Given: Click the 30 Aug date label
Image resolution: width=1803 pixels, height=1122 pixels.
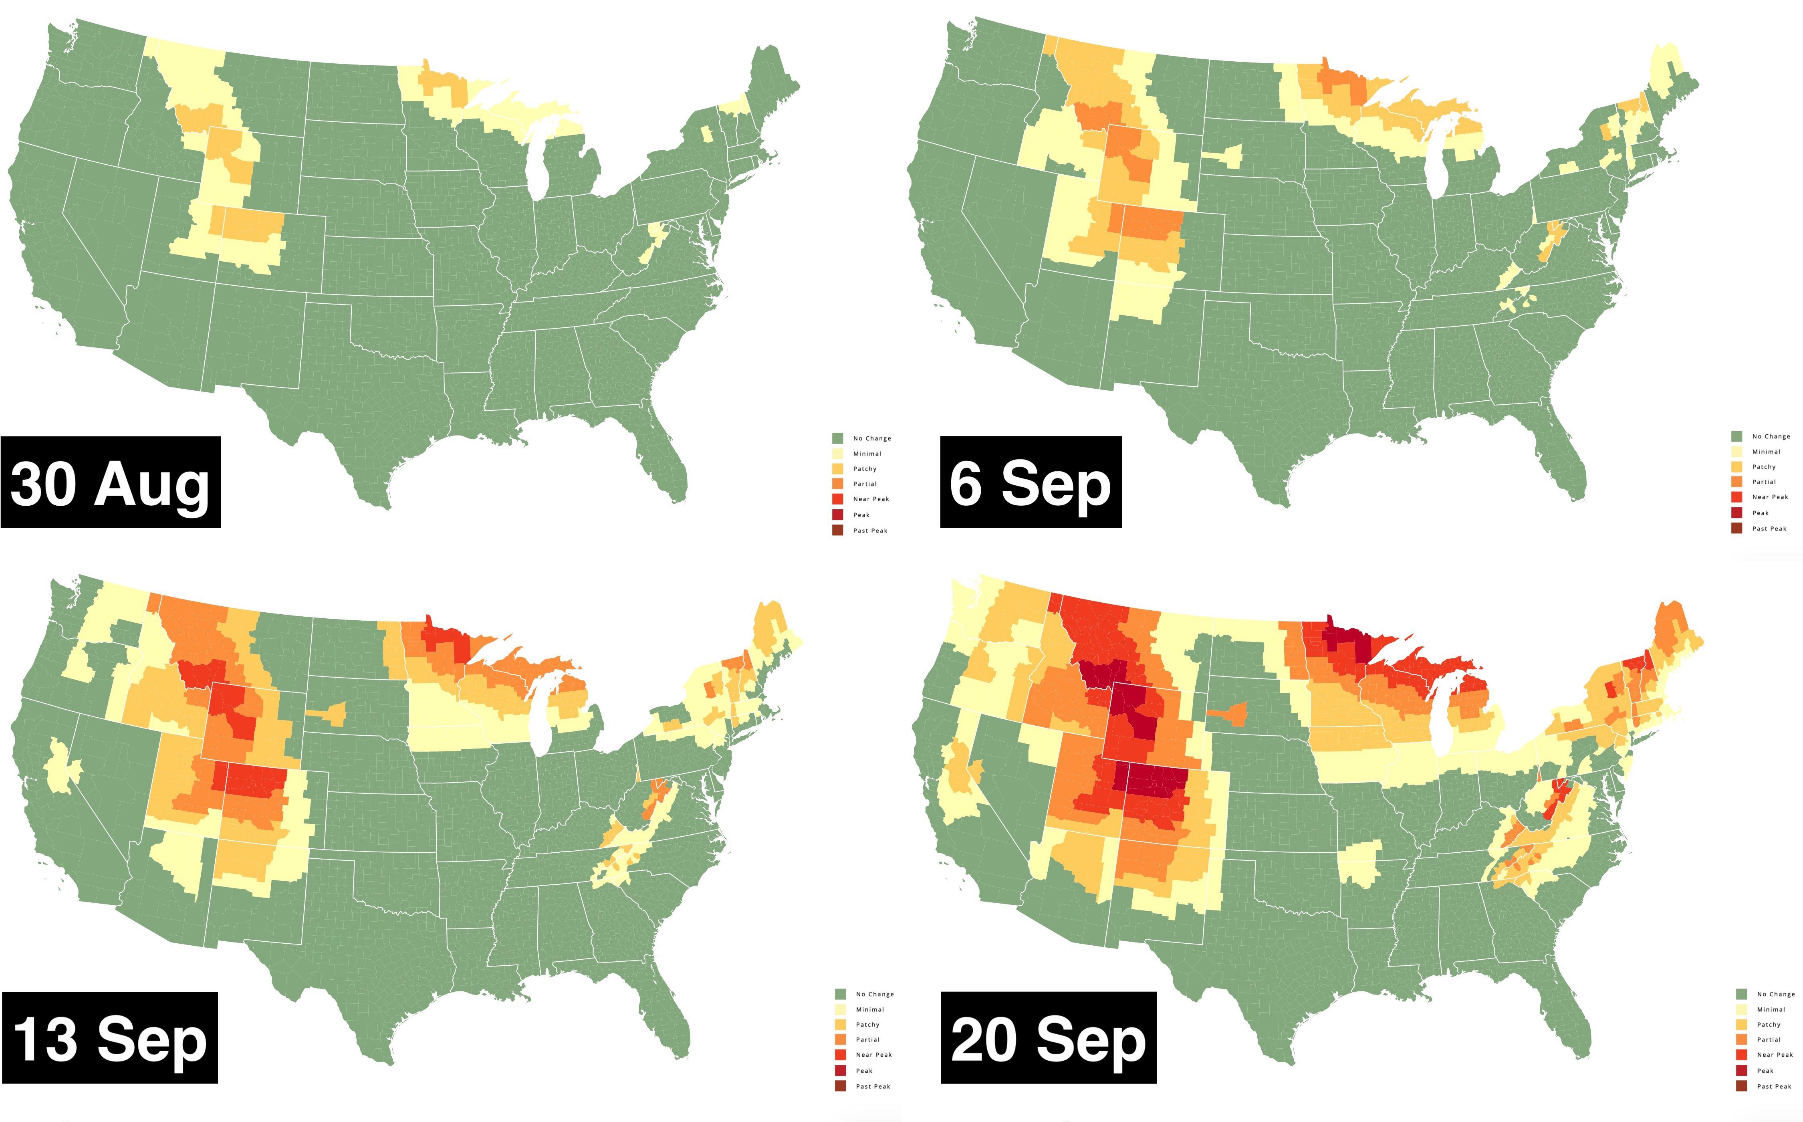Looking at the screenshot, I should tap(111, 482).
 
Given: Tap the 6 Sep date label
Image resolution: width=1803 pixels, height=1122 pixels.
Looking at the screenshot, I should tap(1031, 482).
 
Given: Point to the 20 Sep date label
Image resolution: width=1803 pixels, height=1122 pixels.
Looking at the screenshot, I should tap(1049, 1037).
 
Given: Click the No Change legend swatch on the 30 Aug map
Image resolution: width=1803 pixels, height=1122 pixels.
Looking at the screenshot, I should tap(838, 438).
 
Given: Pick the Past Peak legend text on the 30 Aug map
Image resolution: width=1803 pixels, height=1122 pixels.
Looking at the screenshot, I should tap(870, 531).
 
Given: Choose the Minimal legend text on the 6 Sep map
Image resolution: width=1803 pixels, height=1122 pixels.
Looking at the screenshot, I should tap(1766, 452).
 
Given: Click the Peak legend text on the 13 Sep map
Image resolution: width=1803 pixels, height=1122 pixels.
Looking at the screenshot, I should tap(864, 1071).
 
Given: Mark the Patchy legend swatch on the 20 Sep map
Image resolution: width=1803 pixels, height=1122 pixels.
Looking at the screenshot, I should tap(1741, 1025).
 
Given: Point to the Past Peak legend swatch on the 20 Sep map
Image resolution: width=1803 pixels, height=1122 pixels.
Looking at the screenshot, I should tap(1741, 1086).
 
